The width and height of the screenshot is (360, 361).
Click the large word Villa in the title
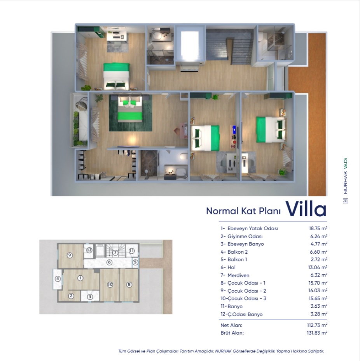(306, 209)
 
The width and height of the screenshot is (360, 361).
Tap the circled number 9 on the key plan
(70, 255)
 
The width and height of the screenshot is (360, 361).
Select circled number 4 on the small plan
(58, 279)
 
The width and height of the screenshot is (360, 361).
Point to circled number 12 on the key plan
(89, 250)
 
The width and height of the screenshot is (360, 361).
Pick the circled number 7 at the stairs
(115, 253)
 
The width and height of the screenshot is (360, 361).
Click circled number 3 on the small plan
(90, 297)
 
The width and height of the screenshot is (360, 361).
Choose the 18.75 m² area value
(318, 228)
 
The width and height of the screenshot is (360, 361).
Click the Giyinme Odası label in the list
(245, 236)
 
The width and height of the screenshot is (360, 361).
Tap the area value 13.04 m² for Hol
(318, 267)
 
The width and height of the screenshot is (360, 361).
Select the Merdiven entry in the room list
(238, 275)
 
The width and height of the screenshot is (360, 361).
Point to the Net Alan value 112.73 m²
(317, 325)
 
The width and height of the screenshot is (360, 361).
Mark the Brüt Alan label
(232, 333)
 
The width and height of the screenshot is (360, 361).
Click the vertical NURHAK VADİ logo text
(345, 176)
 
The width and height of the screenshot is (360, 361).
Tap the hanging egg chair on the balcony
(81, 103)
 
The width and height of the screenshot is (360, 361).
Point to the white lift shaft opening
(190, 44)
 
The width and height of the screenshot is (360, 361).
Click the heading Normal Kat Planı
(243, 211)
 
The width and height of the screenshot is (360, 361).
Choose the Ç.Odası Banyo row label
(245, 314)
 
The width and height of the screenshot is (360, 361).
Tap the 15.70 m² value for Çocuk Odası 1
(318, 283)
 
